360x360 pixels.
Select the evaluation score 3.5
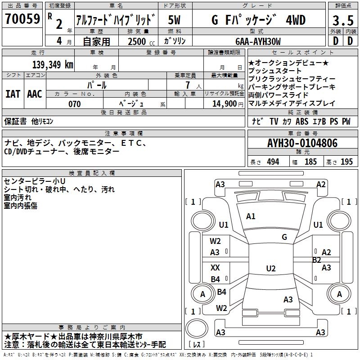(342, 21)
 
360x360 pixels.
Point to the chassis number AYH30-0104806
(302, 144)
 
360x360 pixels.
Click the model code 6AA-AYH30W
(258, 41)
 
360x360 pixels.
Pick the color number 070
(74, 104)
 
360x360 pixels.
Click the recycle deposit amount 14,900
(225, 103)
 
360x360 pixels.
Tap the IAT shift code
(13, 94)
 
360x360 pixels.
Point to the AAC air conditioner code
(34, 94)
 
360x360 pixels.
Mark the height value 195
(346, 162)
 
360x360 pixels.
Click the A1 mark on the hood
(251, 216)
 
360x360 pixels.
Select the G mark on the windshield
(284, 237)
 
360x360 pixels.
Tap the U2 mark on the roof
(270, 269)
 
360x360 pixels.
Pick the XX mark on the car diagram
(216, 268)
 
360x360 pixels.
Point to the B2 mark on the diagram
(316, 260)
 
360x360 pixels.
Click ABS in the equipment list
(302, 121)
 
